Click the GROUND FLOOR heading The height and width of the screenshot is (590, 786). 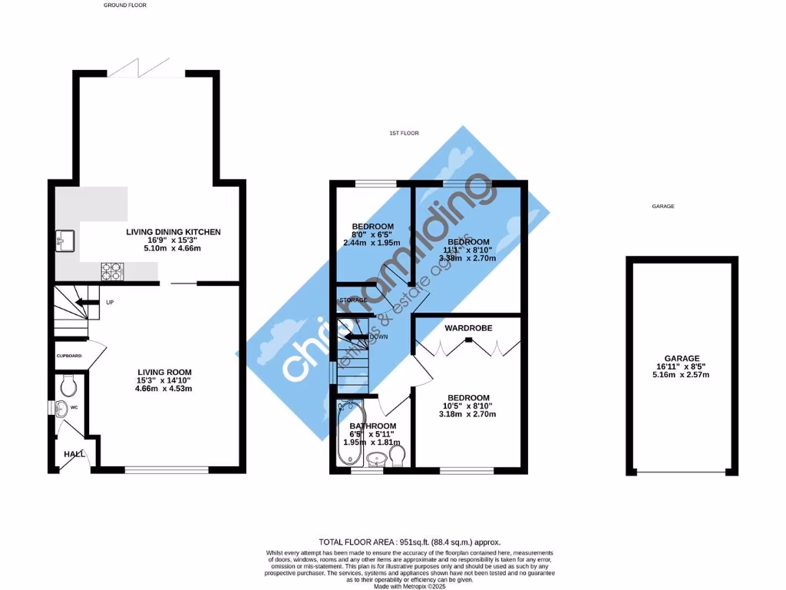(x=124, y=5)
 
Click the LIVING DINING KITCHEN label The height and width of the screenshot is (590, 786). (x=173, y=231)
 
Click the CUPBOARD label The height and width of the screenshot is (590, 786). (x=69, y=356)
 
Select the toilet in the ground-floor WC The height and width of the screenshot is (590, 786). (x=66, y=383)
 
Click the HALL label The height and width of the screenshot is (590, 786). (x=74, y=454)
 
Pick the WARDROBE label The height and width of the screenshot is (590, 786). (x=468, y=328)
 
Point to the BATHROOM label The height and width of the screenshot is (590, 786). (x=373, y=426)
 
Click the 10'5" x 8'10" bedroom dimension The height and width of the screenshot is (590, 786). (x=468, y=406)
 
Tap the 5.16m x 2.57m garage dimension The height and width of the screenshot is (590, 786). (x=682, y=375)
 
